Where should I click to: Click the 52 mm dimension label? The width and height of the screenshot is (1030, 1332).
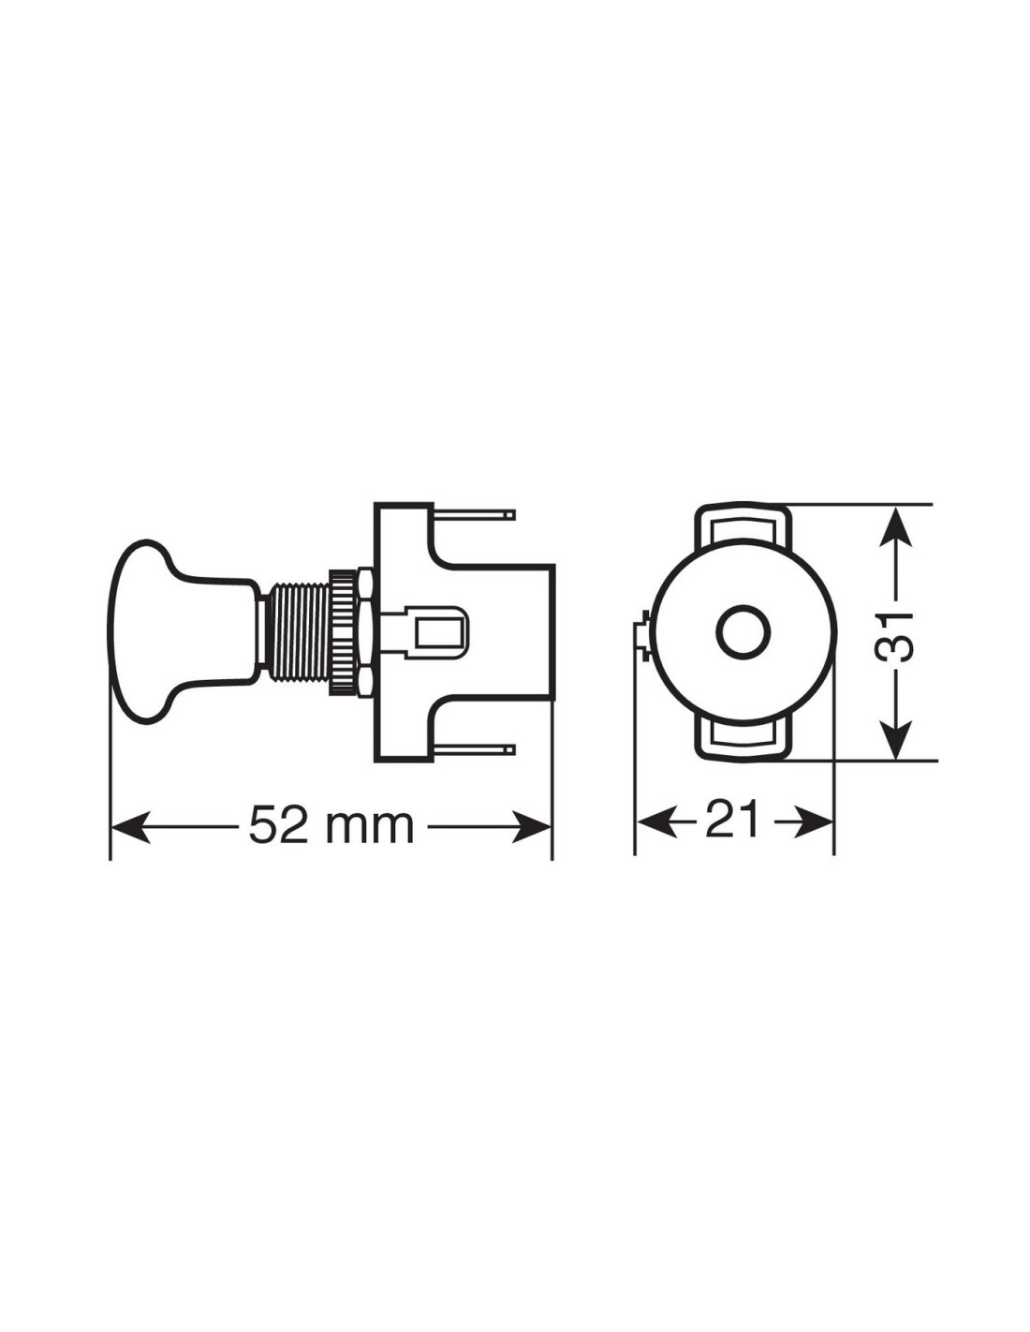coord(331,825)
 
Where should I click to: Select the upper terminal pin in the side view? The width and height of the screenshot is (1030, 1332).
coord(475,512)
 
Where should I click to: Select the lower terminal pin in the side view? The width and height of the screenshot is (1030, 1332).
coord(475,748)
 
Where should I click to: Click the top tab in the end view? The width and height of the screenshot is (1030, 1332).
coord(742,525)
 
